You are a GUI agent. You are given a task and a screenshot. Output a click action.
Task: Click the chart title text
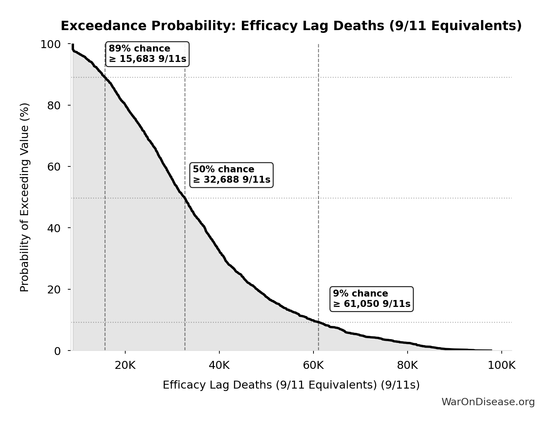(291, 26)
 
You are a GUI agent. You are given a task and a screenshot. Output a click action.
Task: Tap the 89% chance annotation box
(147, 54)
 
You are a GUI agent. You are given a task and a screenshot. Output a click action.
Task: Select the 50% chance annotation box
(231, 175)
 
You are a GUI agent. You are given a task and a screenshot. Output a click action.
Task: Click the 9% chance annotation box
(372, 299)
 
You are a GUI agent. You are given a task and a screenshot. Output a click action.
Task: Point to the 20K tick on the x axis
(125, 365)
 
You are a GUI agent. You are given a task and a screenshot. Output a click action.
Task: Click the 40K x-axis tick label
(219, 365)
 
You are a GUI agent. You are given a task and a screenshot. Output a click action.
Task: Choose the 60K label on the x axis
(313, 365)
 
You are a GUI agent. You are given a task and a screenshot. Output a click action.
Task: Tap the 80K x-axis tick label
(408, 365)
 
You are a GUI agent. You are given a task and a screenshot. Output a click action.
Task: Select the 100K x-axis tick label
(501, 365)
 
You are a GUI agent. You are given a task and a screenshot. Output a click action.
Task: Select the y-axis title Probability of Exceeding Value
(25, 197)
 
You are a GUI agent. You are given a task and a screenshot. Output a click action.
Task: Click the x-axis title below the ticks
(291, 385)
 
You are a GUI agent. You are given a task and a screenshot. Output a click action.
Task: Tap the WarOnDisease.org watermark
(488, 402)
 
